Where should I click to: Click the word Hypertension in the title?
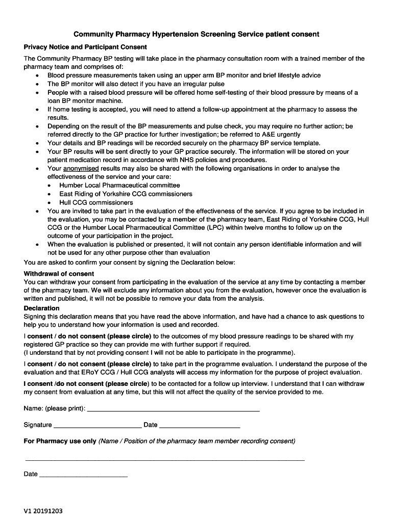[172, 34]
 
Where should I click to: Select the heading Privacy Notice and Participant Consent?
[85, 47]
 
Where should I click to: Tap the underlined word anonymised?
[81, 168]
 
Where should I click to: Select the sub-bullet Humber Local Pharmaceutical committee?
[119, 185]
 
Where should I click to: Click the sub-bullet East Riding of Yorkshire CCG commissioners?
[126, 194]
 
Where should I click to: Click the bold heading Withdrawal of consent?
[59, 274]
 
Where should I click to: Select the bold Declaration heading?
[41, 308]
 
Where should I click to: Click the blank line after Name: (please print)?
[174, 410]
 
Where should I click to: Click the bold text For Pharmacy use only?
[60, 441]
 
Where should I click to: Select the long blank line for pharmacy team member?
[164, 460]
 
